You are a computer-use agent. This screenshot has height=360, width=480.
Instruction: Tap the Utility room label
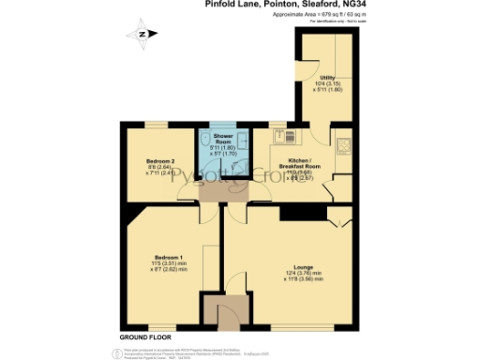(327, 78)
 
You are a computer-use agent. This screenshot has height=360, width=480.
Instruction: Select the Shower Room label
(221, 137)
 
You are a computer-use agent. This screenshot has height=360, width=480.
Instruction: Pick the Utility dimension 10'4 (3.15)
(327, 84)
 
